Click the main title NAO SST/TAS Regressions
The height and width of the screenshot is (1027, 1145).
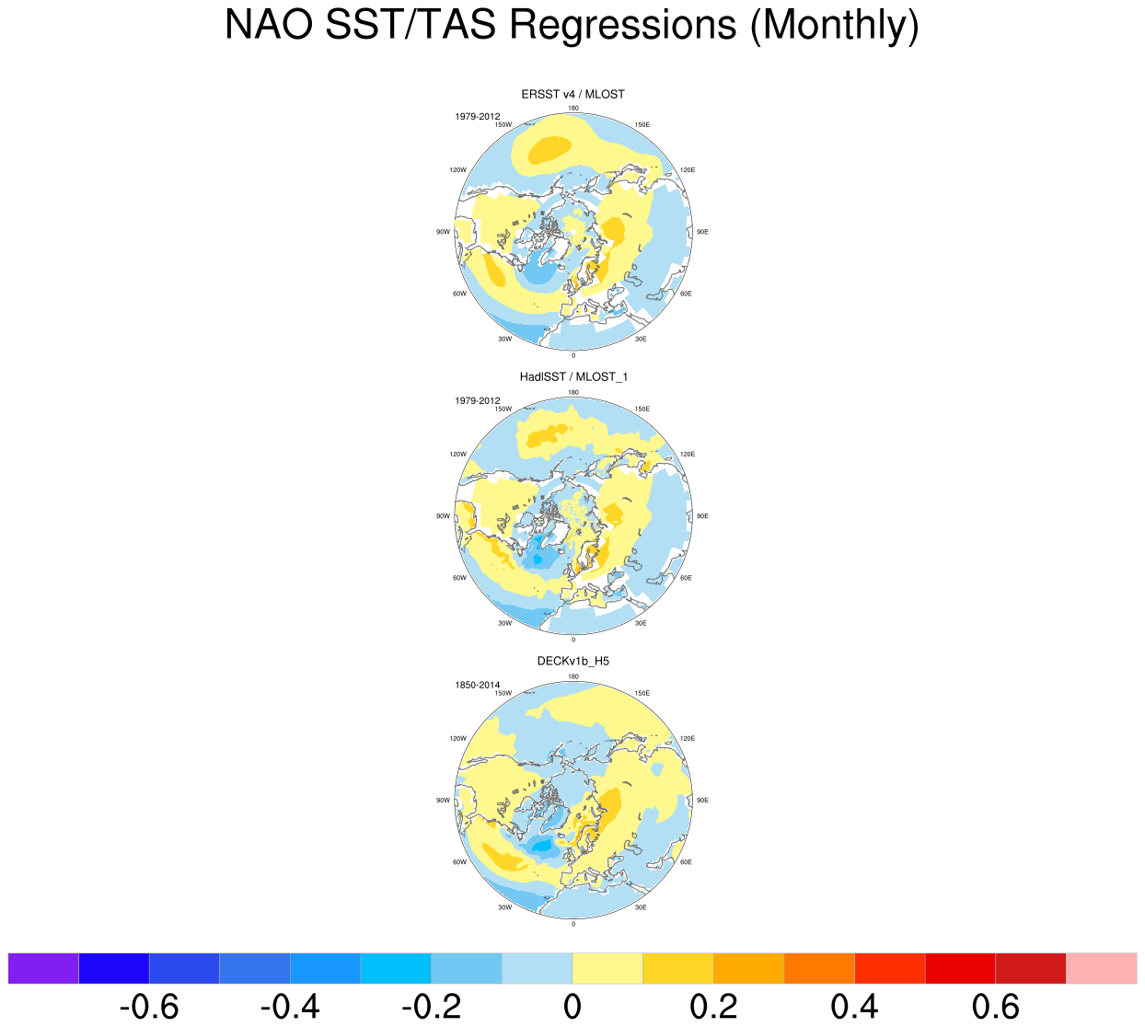tap(572, 26)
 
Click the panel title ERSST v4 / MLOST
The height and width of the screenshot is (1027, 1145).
tap(572, 94)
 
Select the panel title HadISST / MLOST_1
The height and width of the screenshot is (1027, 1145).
tap(572, 376)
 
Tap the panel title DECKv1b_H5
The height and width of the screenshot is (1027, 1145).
tap(572, 661)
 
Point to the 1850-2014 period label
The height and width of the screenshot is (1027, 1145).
tap(477, 685)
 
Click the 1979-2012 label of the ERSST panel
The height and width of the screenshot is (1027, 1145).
tap(477, 117)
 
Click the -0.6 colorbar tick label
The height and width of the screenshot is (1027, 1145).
tap(149, 1007)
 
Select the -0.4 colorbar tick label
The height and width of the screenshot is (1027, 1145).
tap(290, 1007)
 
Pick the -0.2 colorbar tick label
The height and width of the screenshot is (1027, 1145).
tap(431, 1007)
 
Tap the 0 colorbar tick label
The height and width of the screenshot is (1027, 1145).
tap(572, 1007)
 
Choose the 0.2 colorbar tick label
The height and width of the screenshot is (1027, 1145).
tap(713, 1007)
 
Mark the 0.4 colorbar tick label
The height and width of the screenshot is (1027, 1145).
tap(854, 1007)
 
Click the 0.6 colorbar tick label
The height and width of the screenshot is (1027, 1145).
tap(995, 1007)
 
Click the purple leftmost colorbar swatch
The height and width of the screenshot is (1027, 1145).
tap(43, 968)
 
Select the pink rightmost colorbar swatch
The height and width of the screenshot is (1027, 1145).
tap(1101, 968)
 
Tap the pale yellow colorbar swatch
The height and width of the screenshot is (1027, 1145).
tap(607, 968)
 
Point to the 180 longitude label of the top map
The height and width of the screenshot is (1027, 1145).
tap(573, 109)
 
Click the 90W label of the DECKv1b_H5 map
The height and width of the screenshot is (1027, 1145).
tap(443, 801)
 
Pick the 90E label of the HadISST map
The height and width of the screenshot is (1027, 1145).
tap(702, 516)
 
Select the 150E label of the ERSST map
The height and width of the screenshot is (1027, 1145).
tap(642, 125)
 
